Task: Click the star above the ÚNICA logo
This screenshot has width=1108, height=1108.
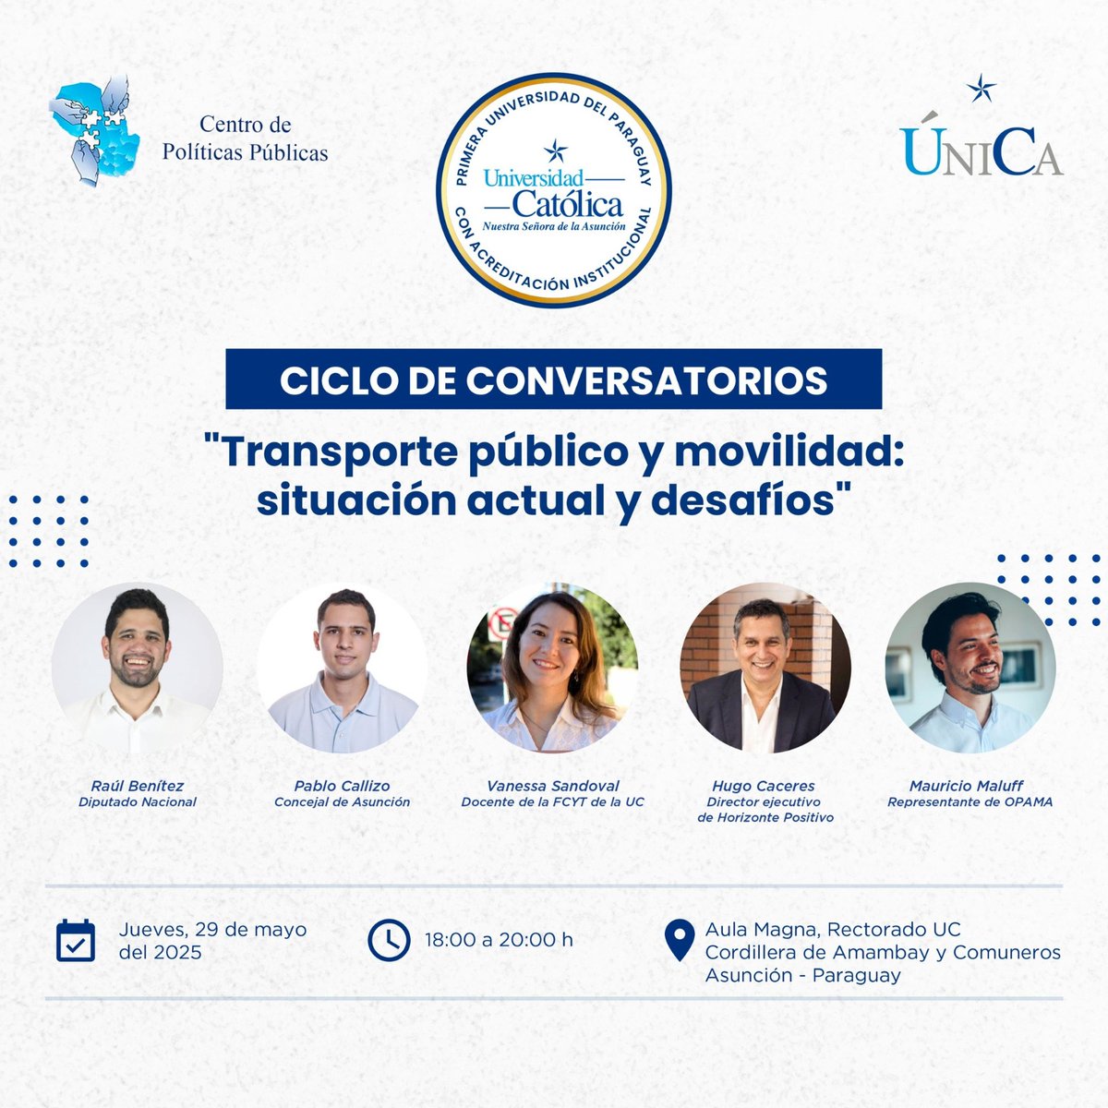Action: pyautogui.click(x=981, y=90)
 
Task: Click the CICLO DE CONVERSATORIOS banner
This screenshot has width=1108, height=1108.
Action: pyautogui.click(x=554, y=379)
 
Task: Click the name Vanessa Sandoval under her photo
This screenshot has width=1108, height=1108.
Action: pyautogui.click(x=552, y=786)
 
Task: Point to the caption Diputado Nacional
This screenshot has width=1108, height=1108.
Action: pyautogui.click(x=138, y=801)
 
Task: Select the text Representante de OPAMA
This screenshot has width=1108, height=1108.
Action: pyautogui.click(x=969, y=801)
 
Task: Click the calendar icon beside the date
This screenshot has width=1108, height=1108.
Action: pyautogui.click(x=76, y=940)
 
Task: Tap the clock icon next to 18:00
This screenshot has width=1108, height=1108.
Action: pyautogui.click(x=389, y=940)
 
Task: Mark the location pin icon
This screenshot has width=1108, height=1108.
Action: pyautogui.click(x=680, y=940)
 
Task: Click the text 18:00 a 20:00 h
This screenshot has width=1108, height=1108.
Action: pyautogui.click(x=499, y=940)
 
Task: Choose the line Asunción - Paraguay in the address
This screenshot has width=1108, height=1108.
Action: pyautogui.click(x=802, y=975)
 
